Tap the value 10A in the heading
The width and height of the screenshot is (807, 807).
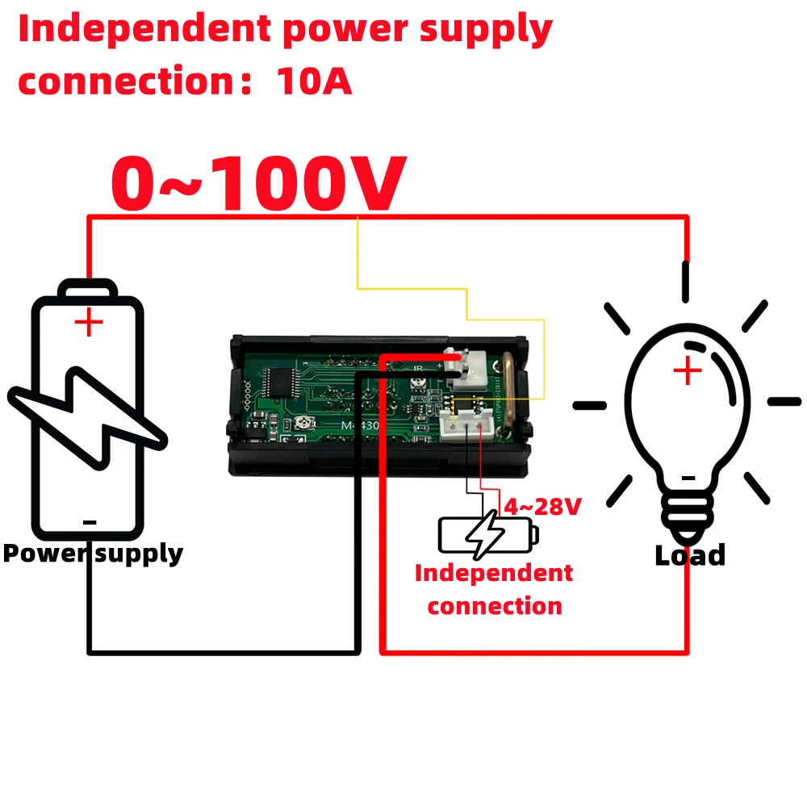(314, 82)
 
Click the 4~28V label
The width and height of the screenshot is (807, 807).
(542, 507)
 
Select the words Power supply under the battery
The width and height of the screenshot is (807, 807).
(93, 554)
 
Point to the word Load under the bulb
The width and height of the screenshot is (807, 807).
(690, 555)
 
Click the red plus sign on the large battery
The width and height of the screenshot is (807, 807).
(89, 324)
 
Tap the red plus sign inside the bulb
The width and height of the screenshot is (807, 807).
(687, 372)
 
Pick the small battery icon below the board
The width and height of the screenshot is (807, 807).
(487, 533)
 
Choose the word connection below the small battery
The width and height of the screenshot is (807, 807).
(495, 606)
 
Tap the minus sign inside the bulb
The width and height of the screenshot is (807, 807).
(688, 478)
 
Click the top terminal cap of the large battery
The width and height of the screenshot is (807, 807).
(89, 288)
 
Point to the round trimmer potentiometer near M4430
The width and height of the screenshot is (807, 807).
(304, 421)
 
